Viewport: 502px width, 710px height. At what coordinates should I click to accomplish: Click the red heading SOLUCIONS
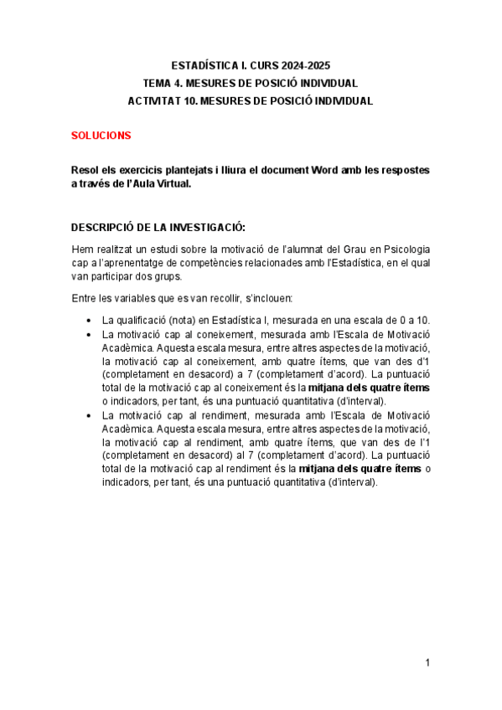click(101, 135)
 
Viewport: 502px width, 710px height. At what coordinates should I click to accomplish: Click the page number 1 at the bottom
click(427, 662)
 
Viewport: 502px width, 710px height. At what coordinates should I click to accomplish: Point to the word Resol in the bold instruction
click(85, 170)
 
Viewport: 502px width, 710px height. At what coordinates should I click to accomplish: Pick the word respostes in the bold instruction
click(406, 170)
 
